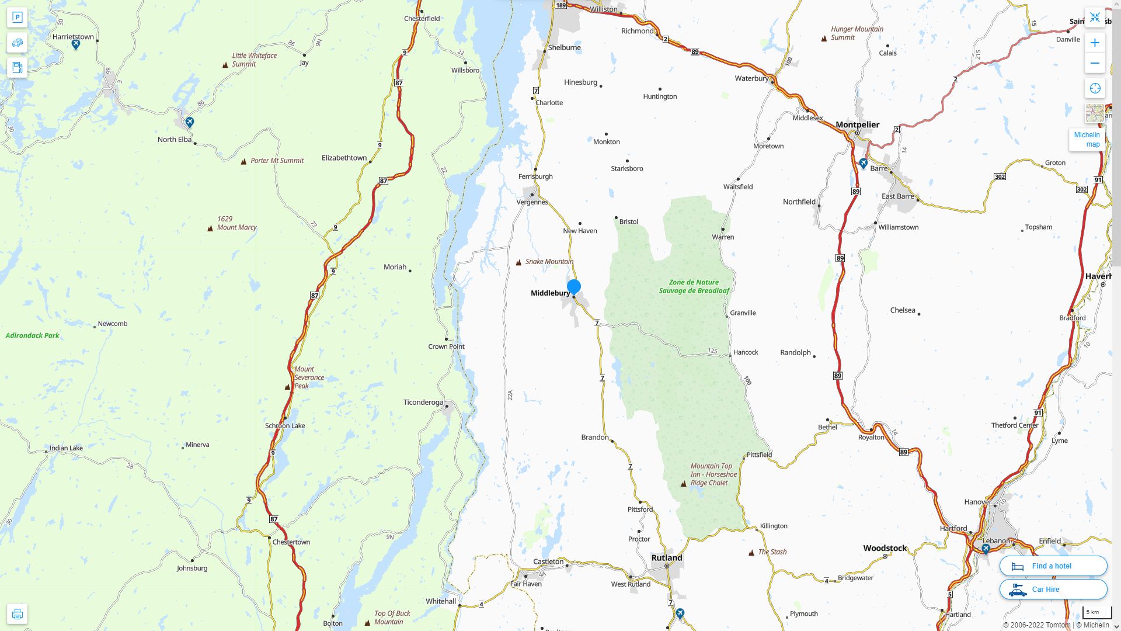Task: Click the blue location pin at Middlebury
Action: tap(574, 287)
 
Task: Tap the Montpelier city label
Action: tap(857, 124)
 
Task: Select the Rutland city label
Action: tap(667, 557)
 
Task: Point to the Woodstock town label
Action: tap(885, 548)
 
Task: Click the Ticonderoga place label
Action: tap(423, 402)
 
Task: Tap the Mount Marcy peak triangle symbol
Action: tap(210, 228)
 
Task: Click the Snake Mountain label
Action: tap(549, 261)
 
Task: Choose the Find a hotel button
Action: tap(1053, 566)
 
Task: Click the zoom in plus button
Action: tap(1095, 43)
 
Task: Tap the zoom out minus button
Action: tap(1095, 63)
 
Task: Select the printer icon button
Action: tap(17, 613)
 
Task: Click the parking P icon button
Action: tap(17, 17)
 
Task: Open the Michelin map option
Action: tap(1087, 139)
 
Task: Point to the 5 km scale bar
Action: tap(1096, 612)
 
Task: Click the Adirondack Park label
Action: tap(32, 335)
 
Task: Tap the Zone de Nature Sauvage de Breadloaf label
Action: tap(694, 286)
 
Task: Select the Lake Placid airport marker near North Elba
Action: tap(190, 122)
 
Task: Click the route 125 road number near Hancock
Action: tap(712, 351)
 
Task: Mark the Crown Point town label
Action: tap(446, 346)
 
